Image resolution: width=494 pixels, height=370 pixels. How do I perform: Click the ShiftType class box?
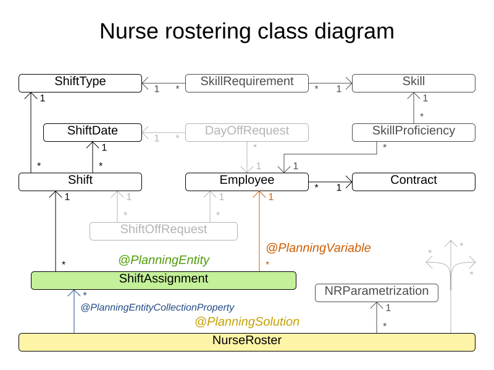[x=80, y=83]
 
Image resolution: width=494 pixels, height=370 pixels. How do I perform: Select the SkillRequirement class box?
[x=247, y=83]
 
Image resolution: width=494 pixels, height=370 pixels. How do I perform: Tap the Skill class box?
[x=413, y=83]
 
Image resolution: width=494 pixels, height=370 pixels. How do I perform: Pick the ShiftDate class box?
[x=93, y=132]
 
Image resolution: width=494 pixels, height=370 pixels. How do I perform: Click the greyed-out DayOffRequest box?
[x=247, y=132]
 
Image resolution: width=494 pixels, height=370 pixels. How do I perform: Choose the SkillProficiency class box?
[x=413, y=132]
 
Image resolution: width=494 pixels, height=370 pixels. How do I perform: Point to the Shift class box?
[x=80, y=181]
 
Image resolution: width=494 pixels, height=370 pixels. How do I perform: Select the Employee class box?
[x=247, y=181]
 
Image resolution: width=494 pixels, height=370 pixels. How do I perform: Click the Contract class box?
[x=413, y=181]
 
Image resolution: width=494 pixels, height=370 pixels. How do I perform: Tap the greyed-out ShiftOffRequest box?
[x=164, y=231]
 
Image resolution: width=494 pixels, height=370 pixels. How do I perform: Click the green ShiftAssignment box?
[x=164, y=280]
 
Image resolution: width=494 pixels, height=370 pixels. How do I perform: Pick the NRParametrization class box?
[x=376, y=292]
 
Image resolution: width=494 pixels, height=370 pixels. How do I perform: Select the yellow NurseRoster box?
[x=247, y=342]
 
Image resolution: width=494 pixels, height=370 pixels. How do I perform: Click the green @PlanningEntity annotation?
[x=164, y=260]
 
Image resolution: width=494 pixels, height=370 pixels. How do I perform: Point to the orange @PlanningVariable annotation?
[x=318, y=248]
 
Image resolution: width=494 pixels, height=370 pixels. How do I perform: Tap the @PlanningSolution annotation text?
[x=247, y=322]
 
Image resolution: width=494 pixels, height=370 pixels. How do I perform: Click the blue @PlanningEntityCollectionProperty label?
[x=157, y=307]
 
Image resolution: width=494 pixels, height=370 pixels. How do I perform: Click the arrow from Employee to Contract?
[x=330, y=181]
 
